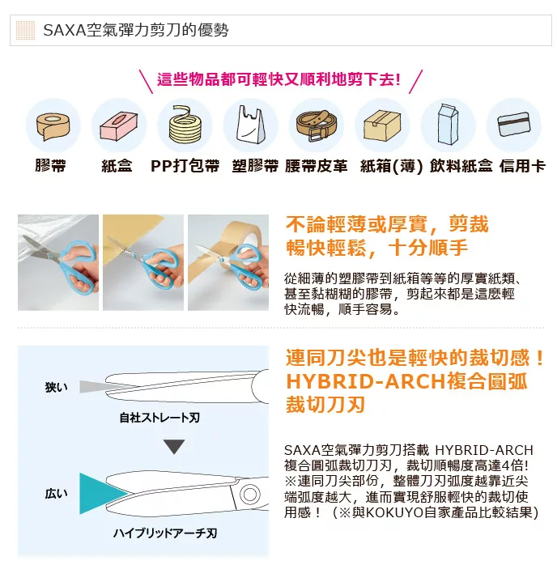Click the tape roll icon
click(53, 127)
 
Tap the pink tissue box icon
click(118, 126)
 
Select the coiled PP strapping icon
click(185, 124)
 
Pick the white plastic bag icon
click(250, 125)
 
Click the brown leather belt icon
click(316, 125)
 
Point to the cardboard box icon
click(382, 126)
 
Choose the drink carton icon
click(448, 124)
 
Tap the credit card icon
click(514, 125)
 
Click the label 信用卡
click(522, 166)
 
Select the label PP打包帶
click(185, 166)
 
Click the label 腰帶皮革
click(316, 166)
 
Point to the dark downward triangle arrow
click(174, 447)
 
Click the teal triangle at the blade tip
click(104, 493)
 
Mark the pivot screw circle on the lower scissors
click(249, 494)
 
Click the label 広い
click(56, 494)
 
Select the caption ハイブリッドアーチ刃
click(165, 533)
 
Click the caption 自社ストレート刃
click(159, 418)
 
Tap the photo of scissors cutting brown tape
click(228, 262)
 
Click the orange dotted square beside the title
click(26, 30)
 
